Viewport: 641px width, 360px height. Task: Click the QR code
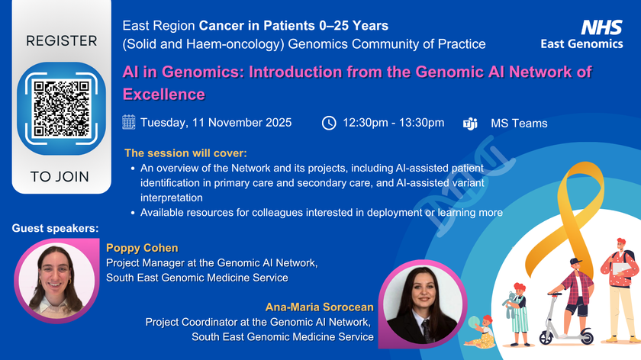(61, 109)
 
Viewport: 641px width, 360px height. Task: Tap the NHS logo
(601, 27)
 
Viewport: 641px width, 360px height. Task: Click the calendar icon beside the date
(129, 122)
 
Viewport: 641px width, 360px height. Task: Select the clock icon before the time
(329, 123)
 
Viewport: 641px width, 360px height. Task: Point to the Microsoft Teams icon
(470, 124)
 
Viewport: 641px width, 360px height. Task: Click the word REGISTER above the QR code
(62, 41)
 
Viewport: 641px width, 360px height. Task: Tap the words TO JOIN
(60, 176)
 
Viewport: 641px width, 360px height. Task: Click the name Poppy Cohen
(142, 248)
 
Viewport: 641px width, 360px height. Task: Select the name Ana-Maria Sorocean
(319, 307)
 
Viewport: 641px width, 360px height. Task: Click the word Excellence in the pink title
(163, 95)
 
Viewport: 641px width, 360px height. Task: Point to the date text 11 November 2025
(242, 123)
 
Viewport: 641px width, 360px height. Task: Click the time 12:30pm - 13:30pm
(393, 123)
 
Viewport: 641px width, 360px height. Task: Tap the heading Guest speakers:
(55, 228)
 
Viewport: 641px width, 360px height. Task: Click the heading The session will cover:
(185, 153)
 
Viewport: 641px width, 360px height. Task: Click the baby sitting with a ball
(482, 331)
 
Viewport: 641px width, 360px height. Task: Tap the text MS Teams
(519, 124)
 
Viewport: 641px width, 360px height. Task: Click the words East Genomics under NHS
(581, 43)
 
